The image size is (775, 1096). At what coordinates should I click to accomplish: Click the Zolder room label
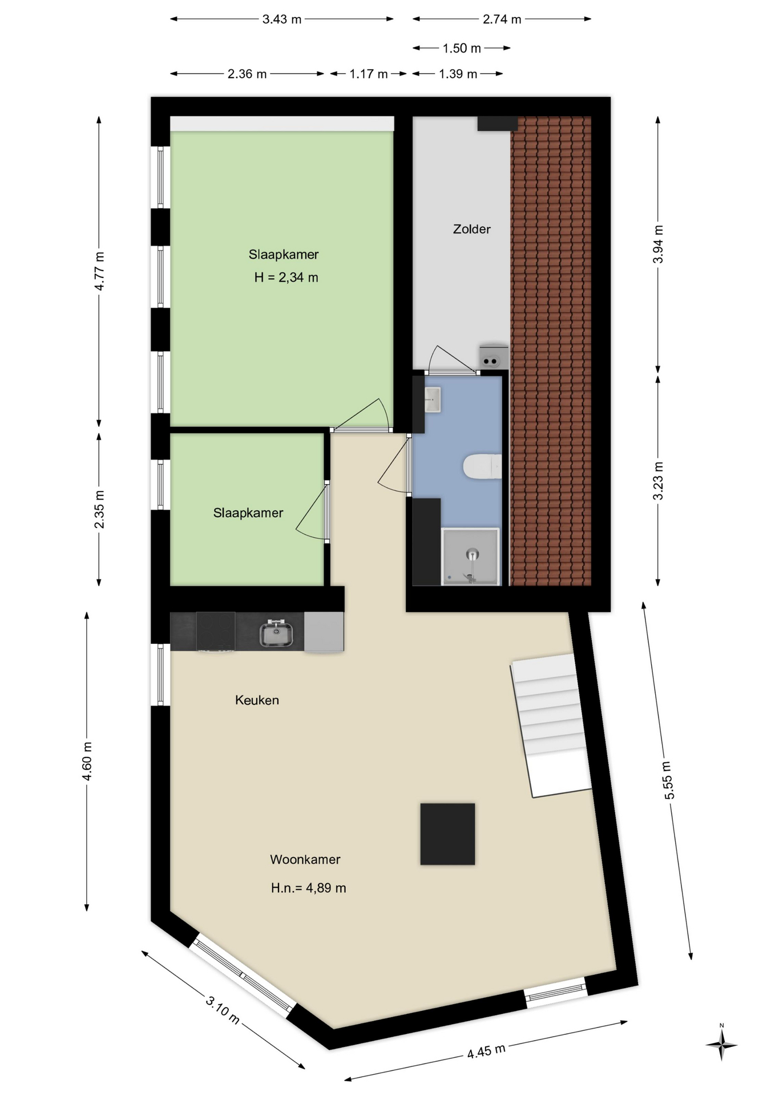pyautogui.click(x=471, y=229)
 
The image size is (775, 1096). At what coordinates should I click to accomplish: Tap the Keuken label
pyautogui.click(x=257, y=700)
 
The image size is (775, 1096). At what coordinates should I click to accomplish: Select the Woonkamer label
pyautogui.click(x=305, y=859)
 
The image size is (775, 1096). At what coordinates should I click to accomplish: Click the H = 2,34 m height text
pyautogui.click(x=286, y=278)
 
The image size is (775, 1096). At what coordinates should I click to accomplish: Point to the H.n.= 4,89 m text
pyautogui.click(x=308, y=888)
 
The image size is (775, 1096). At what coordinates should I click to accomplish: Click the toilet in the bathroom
pyautogui.click(x=482, y=466)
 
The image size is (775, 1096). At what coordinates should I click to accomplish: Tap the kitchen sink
pyautogui.click(x=277, y=632)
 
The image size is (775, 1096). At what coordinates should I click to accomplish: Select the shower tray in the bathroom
pyautogui.click(x=471, y=557)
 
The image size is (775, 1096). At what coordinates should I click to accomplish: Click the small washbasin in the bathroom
pyautogui.click(x=432, y=399)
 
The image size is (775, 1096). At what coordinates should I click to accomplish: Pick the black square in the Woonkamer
pyautogui.click(x=447, y=834)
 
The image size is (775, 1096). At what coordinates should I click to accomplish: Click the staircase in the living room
pyautogui.click(x=551, y=725)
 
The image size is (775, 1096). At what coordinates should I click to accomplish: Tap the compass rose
pyautogui.click(x=721, y=1045)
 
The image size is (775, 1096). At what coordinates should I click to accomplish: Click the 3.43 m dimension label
pyautogui.click(x=282, y=19)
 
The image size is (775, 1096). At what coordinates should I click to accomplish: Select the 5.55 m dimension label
pyautogui.click(x=668, y=780)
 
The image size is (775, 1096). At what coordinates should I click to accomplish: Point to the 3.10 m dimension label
pyautogui.click(x=223, y=1009)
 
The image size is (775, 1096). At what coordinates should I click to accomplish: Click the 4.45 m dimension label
pyautogui.click(x=486, y=1051)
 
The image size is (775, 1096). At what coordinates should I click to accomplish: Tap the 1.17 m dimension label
pyautogui.click(x=369, y=74)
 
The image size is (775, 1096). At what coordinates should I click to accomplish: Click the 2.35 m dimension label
pyautogui.click(x=99, y=509)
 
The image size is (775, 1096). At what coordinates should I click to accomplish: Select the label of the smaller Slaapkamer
pyautogui.click(x=248, y=513)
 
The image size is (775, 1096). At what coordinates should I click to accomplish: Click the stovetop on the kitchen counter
pyautogui.click(x=216, y=631)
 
